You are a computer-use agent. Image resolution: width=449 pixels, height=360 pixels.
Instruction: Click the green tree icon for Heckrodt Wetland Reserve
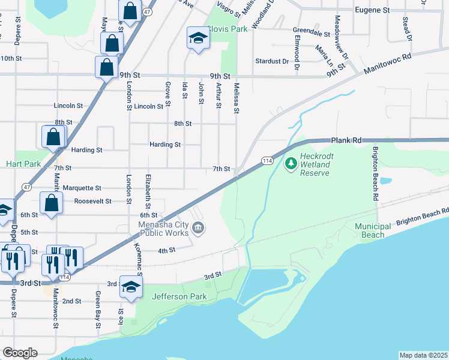(292, 163)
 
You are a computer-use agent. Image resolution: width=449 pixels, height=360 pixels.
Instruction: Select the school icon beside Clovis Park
(197, 39)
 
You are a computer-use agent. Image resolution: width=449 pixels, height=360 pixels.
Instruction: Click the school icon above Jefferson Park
(130, 287)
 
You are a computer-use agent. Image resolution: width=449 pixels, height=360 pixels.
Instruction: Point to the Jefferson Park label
(179, 297)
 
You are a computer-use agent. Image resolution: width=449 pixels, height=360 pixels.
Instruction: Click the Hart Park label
(23, 163)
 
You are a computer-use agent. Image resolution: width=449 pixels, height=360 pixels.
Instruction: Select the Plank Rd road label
(346, 140)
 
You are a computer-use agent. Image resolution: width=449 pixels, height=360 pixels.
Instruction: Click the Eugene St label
(372, 10)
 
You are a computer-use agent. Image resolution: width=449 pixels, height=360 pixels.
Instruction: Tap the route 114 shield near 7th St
(268, 160)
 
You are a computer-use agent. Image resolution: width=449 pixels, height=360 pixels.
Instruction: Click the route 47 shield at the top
(146, 12)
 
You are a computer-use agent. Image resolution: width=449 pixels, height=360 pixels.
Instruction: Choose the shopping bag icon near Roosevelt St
(51, 203)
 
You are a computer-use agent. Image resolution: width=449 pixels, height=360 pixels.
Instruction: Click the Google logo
(19, 353)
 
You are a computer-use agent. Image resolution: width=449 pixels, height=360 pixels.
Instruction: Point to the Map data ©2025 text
(423, 355)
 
